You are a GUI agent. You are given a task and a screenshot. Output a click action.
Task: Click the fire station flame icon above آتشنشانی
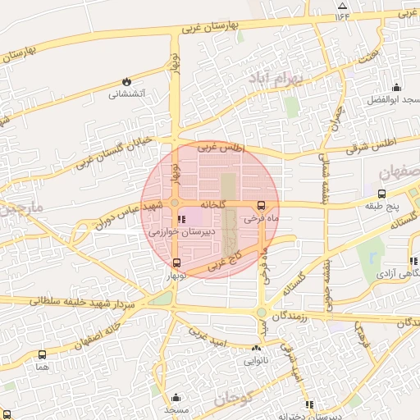(x=126, y=81)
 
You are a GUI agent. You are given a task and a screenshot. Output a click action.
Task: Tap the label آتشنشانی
(x=126, y=94)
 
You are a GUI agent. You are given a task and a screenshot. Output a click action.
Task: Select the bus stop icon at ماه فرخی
(x=261, y=206)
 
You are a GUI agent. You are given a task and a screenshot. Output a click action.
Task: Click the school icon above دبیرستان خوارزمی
(x=181, y=219)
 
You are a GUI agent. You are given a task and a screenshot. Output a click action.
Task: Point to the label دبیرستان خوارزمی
(x=181, y=233)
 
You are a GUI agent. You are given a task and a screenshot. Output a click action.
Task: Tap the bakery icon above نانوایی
(x=253, y=347)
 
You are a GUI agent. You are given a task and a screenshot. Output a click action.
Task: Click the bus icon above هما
(x=42, y=355)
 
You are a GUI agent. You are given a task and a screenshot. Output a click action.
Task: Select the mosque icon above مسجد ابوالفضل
(x=397, y=88)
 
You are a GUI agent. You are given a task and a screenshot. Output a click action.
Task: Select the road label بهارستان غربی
(x=208, y=27)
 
